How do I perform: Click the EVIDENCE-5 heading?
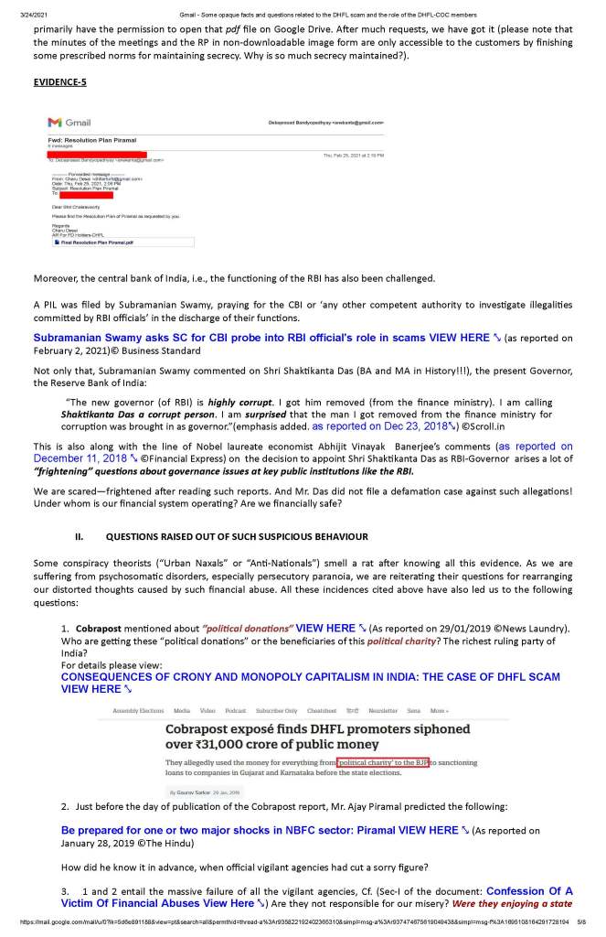coord(59,82)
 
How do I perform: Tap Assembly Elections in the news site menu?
coord(138,711)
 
